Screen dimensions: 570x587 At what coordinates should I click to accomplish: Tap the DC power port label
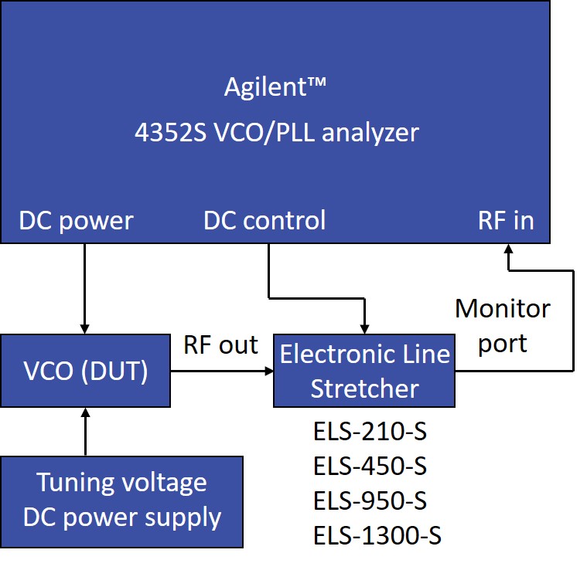pos(76,221)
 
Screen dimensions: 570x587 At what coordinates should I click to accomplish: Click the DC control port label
pos(264,221)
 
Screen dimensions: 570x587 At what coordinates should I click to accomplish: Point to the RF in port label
pos(506,221)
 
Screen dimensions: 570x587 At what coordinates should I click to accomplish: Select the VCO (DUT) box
pos(85,371)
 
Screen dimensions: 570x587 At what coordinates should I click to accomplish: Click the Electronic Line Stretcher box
pos(364,371)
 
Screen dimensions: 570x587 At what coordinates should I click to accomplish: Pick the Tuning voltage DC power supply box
pos(122,500)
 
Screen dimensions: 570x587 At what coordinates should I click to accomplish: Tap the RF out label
pos(220,345)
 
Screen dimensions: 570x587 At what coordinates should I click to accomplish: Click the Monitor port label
pos(502,325)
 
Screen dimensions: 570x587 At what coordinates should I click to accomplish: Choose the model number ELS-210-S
pos(370,432)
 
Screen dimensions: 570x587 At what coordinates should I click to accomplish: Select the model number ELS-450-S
pos(370,467)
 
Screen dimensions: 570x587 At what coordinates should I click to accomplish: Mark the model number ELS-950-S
pos(370,500)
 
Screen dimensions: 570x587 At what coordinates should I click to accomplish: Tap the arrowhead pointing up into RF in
pos(508,250)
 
